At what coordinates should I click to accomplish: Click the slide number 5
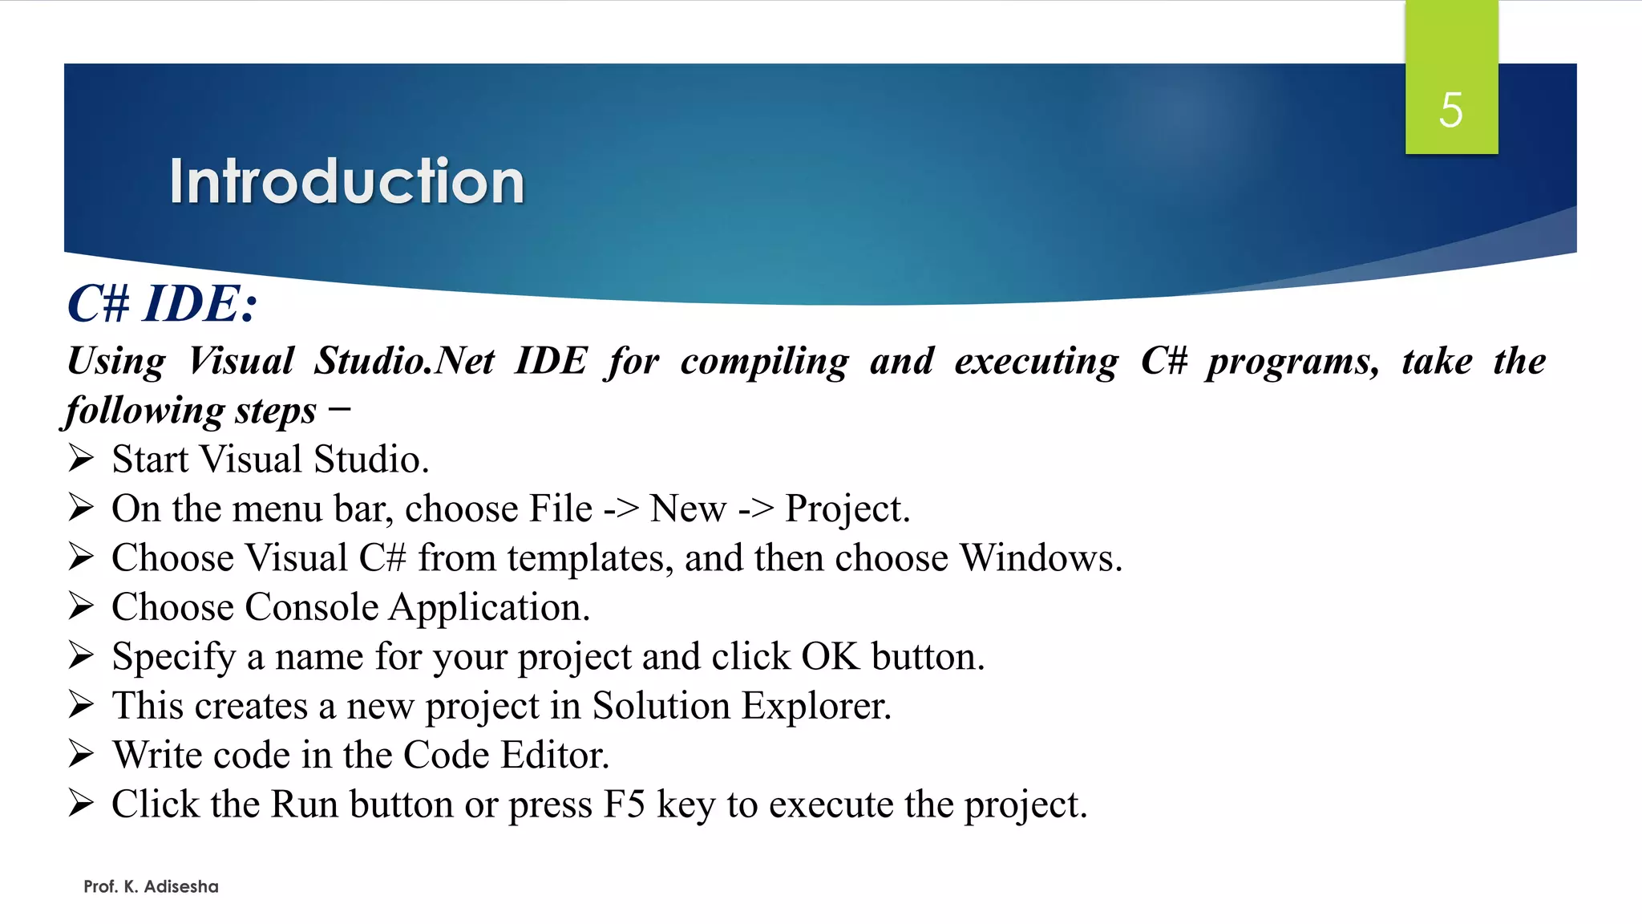click(x=1450, y=110)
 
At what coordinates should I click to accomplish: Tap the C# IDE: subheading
click(x=162, y=304)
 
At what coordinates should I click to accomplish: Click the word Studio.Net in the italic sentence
click(x=404, y=361)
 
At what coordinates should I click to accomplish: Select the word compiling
click(x=764, y=362)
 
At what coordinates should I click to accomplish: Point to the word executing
click(x=1036, y=362)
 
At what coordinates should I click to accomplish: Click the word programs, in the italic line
click(x=1293, y=362)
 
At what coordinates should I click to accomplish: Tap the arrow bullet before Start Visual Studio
click(x=81, y=459)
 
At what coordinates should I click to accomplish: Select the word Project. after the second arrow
click(x=847, y=509)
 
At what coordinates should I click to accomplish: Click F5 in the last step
click(x=624, y=804)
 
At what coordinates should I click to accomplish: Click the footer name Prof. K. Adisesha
click(x=151, y=886)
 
